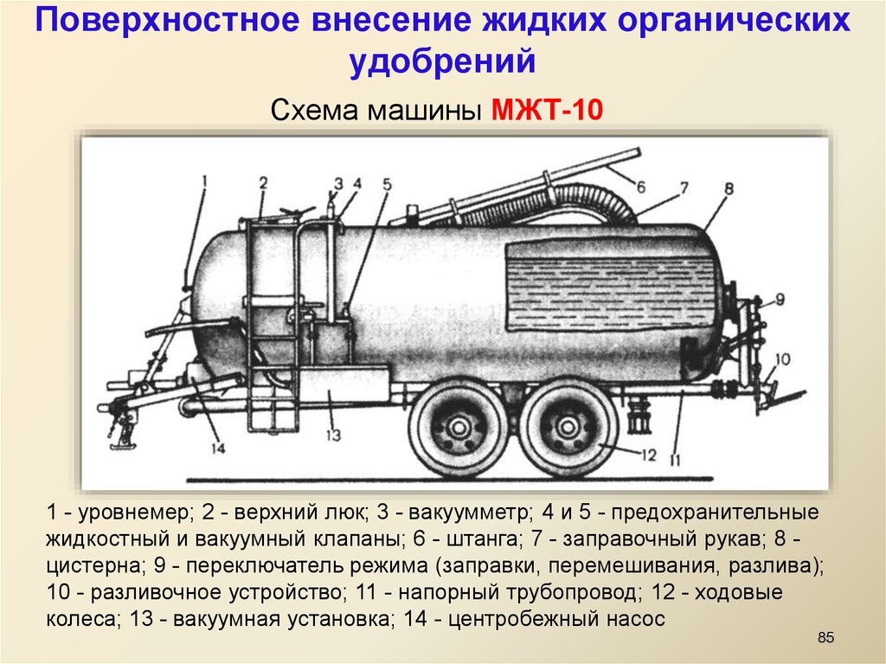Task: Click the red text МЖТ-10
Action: [547, 109]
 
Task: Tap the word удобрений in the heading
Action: [442, 61]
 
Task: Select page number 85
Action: [825, 637]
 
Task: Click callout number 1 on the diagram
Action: [204, 181]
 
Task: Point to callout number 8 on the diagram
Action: [729, 189]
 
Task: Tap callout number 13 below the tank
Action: [333, 435]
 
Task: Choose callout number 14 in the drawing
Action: [218, 448]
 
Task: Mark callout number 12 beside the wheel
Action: [648, 454]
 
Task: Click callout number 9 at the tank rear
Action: [780, 299]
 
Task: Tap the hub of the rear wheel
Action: [567, 428]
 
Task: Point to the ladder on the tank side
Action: [273, 328]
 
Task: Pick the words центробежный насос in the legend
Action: [556, 619]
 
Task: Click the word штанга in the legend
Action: [483, 539]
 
